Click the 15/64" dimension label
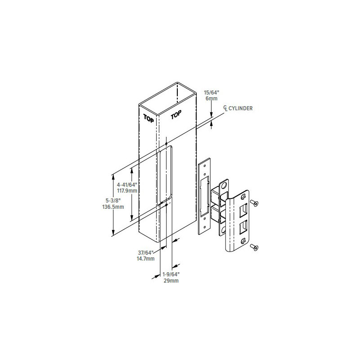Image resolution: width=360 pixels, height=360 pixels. coord(211,93)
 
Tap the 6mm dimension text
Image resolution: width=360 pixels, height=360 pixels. coord(211,99)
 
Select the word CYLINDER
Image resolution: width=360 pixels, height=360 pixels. coord(240,108)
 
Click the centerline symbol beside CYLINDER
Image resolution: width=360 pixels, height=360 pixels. coord(226,108)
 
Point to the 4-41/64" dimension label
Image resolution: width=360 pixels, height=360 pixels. coord(127,184)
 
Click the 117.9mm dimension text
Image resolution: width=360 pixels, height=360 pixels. coord(127,190)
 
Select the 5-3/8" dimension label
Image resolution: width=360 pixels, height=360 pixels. coord(113,201)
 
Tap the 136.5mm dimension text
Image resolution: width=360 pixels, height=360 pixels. coord(113,207)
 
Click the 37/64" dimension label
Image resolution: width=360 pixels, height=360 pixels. coord(145,252)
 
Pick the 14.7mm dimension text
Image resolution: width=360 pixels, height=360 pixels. coord(145,259)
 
